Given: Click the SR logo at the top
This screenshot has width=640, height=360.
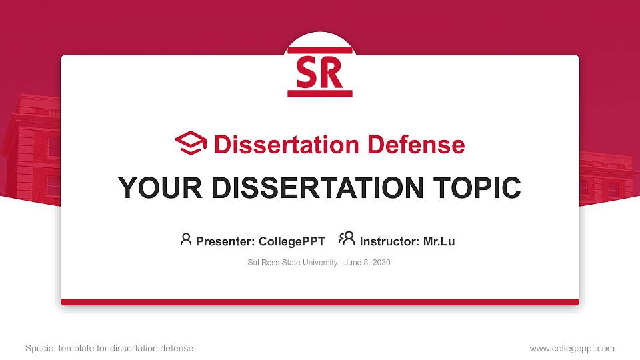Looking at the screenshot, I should pos(320,72).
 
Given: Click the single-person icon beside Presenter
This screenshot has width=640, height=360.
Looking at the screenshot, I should pos(186,239).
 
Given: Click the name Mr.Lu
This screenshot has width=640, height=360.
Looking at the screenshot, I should pos(439,241).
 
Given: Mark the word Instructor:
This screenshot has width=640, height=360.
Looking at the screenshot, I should pos(389,241).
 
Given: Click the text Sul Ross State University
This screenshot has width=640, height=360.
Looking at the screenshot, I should pos(293,263).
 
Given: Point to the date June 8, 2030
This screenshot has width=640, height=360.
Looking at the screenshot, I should pos(367,263).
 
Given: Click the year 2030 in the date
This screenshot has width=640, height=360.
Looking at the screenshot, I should pos(381,263).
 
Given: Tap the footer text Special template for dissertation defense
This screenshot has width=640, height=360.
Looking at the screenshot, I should pos(109,348).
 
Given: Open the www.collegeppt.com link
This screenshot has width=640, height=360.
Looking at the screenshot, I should pos(572,348).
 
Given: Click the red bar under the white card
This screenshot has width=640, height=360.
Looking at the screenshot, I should pos(320,302).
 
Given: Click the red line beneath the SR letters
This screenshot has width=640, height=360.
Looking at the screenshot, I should pos(320,94).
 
